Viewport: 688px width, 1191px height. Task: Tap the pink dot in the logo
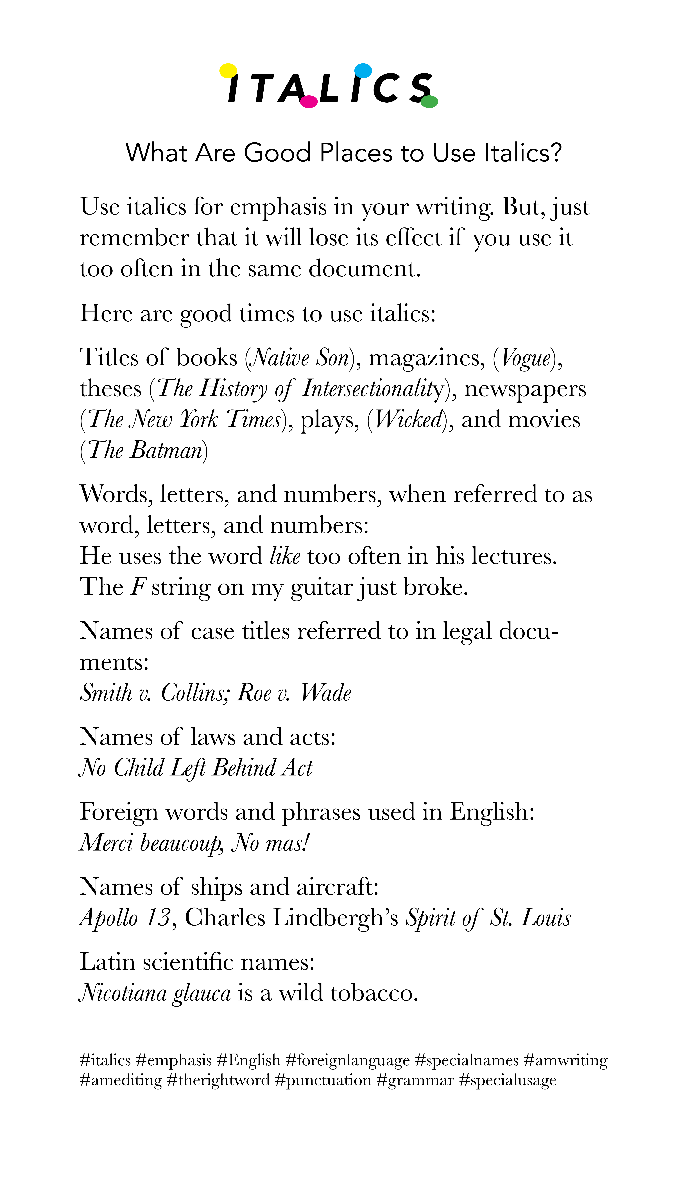[x=309, y=102]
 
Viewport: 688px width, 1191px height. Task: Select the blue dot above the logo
[x=363, y=70]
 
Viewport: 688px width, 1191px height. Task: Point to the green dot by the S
[x=429, y=102]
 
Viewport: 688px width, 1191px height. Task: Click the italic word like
[x=285, y=556]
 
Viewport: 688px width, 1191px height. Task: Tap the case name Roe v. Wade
[x=294, y=693]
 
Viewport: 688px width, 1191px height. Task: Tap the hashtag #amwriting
[x=566, y=1060]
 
